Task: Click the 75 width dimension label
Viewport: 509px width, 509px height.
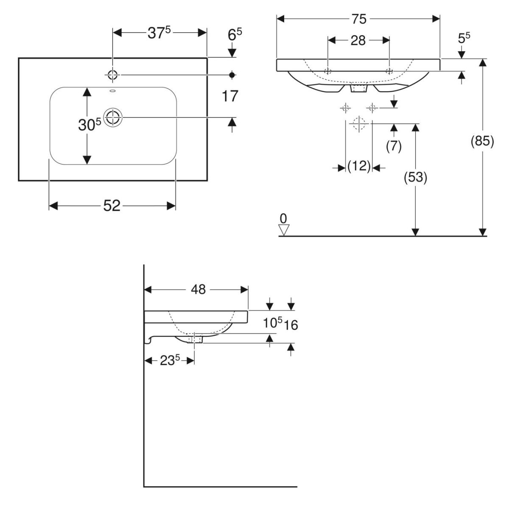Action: (x=358, y=19)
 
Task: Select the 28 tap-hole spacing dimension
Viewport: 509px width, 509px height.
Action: (x=358, y=40)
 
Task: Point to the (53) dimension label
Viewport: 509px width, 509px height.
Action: (x=415, y=177)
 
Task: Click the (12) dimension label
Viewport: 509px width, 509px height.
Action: (x=359, y=166)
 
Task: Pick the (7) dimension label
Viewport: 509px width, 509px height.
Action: (x=394, y=145)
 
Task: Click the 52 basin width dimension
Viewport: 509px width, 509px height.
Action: (x=112, y=206)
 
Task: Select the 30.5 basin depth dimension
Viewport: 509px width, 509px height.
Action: (x=89, y=125)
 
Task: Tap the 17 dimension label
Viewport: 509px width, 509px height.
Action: (x=230, y=96)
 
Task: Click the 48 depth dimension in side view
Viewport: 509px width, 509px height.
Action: (x=198, y=289)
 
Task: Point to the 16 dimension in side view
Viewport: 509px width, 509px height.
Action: (x=291, y=325)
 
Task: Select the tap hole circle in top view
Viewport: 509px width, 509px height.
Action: (x=112, y=75)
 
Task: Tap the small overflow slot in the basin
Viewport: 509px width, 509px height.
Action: (x=112, y=91)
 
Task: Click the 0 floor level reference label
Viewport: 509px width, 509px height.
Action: (x=283, y=218)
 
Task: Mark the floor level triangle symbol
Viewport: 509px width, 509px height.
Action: (x=284, y=229)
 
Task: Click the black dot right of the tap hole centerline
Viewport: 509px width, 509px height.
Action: (x=232, y=75)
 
